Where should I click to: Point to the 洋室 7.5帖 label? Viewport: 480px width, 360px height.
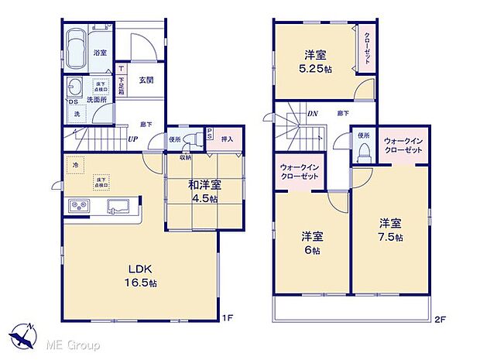[x=389, y=230]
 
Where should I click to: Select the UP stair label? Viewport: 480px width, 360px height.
[x=133, y=140]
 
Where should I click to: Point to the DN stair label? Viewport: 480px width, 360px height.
[x=312, y=115]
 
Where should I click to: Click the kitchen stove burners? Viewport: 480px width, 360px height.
[x=81, y=206]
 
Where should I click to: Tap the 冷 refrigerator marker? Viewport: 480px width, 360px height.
[x=76, y=164]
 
